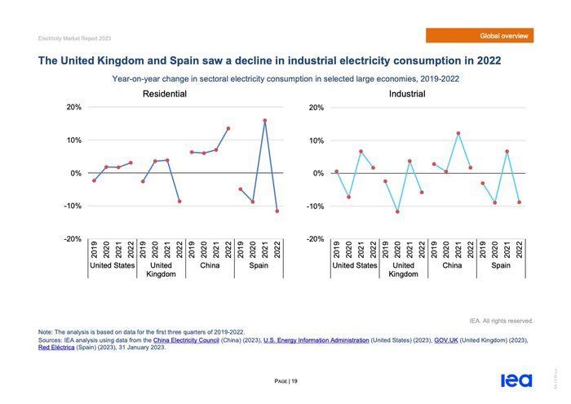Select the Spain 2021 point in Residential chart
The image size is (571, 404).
pos(265,121)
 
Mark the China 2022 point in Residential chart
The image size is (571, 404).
pos(228,129)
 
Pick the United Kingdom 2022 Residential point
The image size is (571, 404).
pos(179,202)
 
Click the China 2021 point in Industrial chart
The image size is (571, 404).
pos(458,133)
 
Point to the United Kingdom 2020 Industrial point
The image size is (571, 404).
pos(397,211)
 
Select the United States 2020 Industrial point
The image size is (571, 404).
pos(348,198)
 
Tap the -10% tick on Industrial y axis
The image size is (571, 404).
pos(314,206)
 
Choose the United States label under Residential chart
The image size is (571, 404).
pos(112,265)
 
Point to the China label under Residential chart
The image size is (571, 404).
pos(210,265)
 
